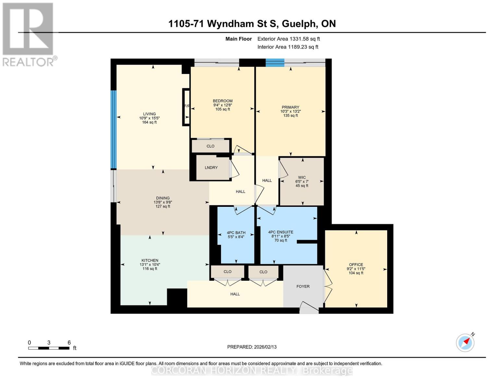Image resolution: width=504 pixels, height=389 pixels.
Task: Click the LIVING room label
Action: coord(149,114)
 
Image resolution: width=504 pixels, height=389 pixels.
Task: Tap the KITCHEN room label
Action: coord(150,261)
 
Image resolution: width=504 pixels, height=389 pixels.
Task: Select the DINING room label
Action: coord(163,198)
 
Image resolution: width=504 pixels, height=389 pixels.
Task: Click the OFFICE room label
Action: coord(356,265)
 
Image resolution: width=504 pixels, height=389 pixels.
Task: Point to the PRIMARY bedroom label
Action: coord(290,107)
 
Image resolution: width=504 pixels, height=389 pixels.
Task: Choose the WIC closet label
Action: coord(302,178)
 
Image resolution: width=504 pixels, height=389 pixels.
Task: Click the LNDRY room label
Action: coord(211,168)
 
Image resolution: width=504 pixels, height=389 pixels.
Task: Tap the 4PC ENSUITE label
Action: coord(281,232)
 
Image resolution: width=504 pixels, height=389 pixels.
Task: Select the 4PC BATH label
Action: coord(236,233)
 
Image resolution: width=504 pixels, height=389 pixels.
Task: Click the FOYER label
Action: coord(303,287)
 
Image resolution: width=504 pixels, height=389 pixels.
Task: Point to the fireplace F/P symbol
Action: coord(187,106)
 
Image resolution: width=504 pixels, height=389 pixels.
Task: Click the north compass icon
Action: coord(465,343)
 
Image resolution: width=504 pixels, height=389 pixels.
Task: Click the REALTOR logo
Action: coord(29,34)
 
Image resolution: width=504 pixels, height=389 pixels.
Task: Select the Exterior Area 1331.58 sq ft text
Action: coord(289,39)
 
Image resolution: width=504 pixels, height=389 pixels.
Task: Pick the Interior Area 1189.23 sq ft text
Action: coord(288,47)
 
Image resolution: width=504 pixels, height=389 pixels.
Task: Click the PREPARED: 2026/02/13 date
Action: coord(252,347)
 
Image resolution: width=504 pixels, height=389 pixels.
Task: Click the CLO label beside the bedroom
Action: coord(210,146)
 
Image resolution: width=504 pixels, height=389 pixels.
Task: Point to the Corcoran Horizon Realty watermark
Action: coord(252,370)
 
